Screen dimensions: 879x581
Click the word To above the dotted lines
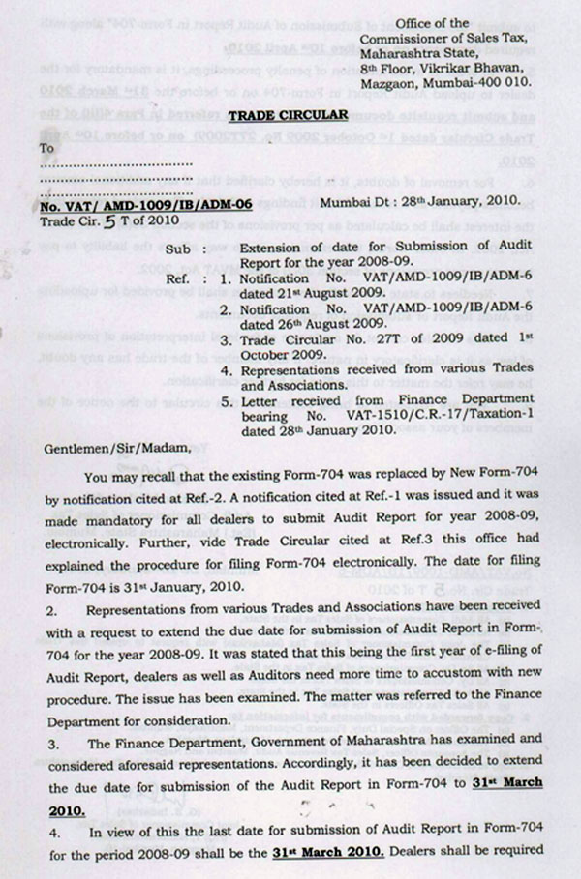(46, 148)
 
